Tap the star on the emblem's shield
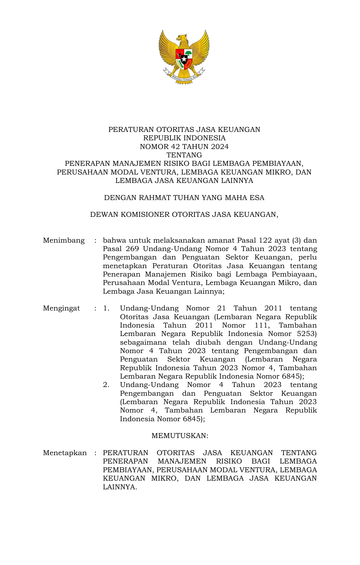coord(184,59)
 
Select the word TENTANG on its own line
coord(184,155)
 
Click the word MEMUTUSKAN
coord(180,436)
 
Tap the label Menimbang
coord(64,241)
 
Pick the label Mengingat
coord(61,308)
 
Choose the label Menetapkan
coord(65,453)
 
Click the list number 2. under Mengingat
coord(106,385)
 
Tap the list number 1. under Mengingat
coord(106,308)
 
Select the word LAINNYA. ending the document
coord(120,487)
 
